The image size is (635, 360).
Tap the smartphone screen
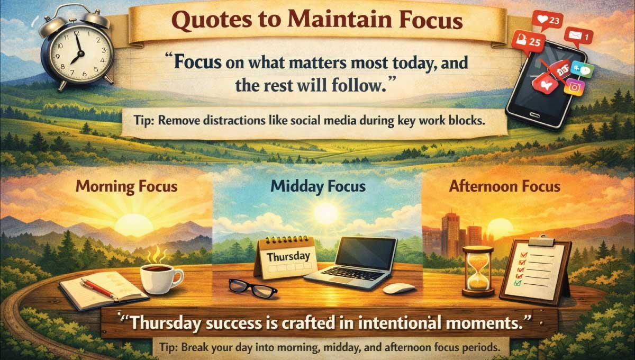[545, 79]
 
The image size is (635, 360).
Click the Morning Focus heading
[126, 186]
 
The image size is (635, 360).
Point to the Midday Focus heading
[317, 186]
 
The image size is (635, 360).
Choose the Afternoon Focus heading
[505, 186]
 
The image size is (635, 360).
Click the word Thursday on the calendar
[288, 256]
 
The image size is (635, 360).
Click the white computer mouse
[399, 289]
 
